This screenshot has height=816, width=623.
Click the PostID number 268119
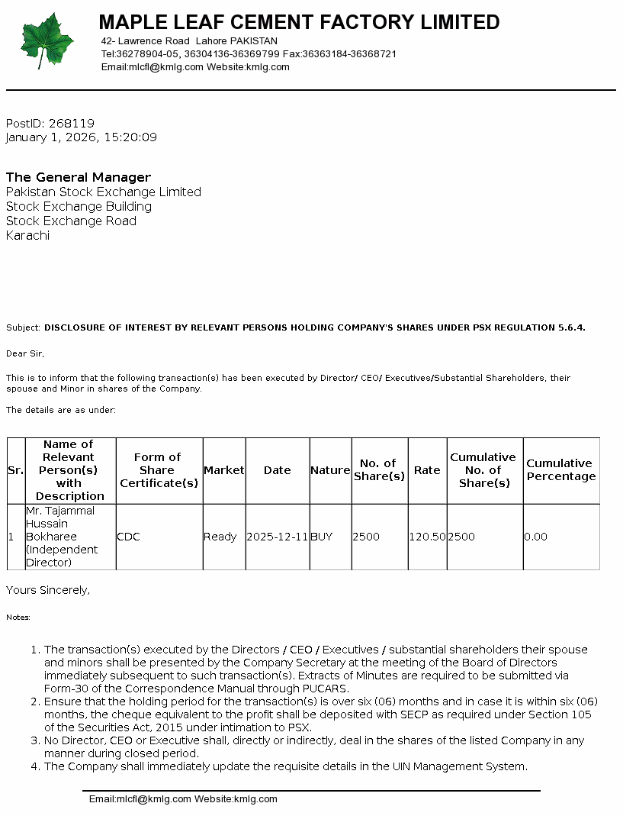[x=71, y=123]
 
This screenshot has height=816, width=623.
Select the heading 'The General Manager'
[x=79, y=177]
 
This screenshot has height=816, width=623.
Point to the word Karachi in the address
[x=27, y=235]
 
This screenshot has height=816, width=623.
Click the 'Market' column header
[x=224, y=470]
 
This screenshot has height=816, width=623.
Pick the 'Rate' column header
[x=427, y=470]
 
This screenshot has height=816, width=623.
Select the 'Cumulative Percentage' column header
[x=560, y=469]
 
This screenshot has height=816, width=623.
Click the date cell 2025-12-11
[x=278, y=537]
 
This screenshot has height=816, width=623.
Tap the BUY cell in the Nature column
[x=322, y=537]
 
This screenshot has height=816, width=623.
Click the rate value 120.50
[x=427, y=537]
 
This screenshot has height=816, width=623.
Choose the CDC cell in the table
[x=128, y=537]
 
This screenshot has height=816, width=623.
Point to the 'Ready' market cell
[x=220, y=537]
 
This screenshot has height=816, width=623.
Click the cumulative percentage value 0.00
[x=536, y=537]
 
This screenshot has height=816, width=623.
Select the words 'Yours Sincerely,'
[x=48, y=590]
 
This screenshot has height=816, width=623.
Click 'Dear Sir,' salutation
[x=25, y=353]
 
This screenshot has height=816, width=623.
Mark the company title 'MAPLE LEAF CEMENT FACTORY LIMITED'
[x=299, y=22]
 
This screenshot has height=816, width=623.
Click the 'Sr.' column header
[x=15, y=470]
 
